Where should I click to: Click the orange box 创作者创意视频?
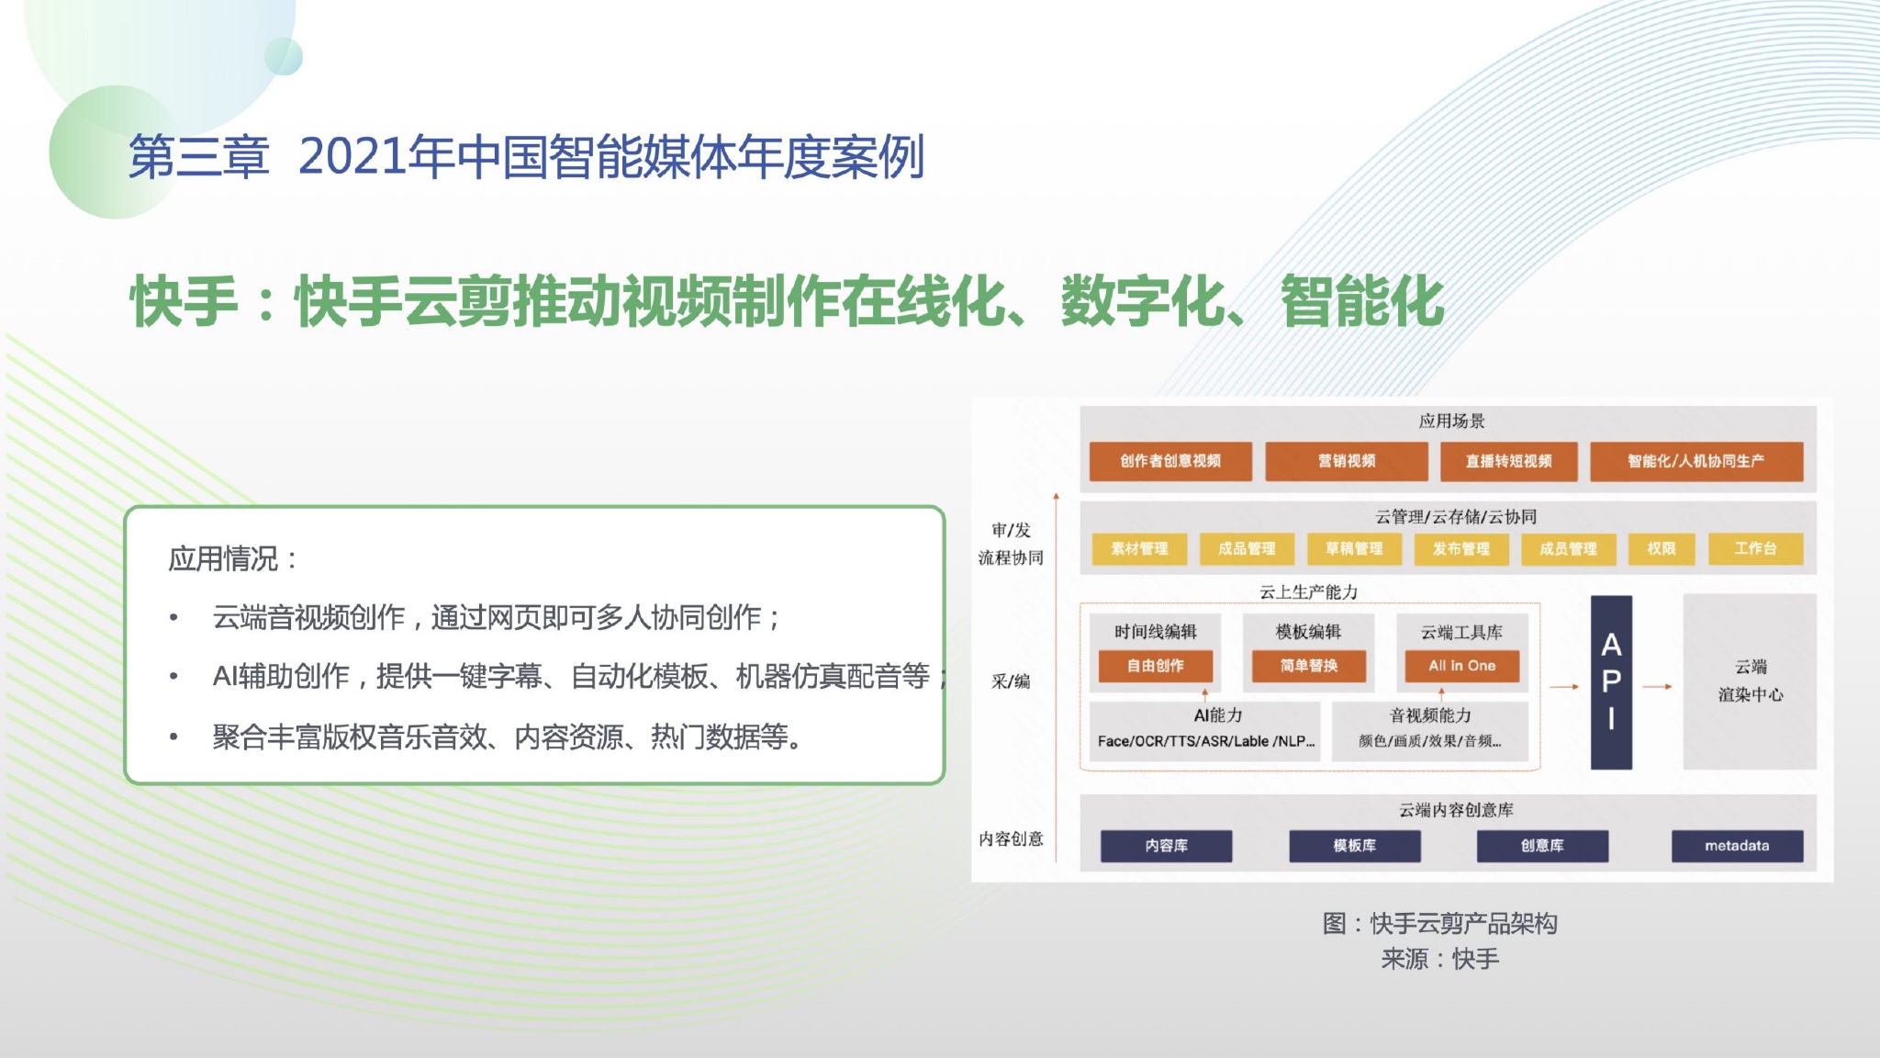pos(1170,461)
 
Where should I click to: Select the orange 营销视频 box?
pos(1347,461)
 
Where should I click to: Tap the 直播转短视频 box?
pos(1508,461)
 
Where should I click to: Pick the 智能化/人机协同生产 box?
pos(1696,461)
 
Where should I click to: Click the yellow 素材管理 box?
pos(1139,549)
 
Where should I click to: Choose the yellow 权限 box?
pos(1662,549)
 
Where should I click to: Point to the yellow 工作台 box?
pos(1755,549)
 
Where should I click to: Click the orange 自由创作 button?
pos(1156,666)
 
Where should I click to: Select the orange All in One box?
pos(1461,666)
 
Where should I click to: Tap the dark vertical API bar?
pos(1611,682)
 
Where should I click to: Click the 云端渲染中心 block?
pos(1750,681)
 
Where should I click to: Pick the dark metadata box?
pos(1737,846)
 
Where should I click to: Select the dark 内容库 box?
pos(1167,846)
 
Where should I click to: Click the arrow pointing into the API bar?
pos(1564,686)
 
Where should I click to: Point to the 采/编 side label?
pos(1011,681)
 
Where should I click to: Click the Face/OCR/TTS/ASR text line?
pos(1206,741)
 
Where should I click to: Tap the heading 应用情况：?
pos(234,558)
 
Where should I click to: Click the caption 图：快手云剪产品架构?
pos(1439,923)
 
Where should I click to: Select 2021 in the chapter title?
pos(352,157)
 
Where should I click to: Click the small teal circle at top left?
pos(284,56)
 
